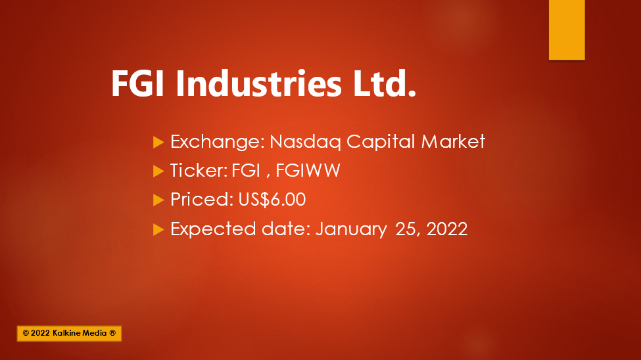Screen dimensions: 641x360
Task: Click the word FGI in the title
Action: point(137,83)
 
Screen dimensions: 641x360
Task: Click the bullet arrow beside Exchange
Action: point(158,142)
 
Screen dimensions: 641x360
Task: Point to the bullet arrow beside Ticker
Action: point(158,171)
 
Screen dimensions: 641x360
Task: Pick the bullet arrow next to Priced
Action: point(158,200)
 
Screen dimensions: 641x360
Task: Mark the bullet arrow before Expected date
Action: point(158,230)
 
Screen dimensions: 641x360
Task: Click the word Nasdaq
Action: point(305,142)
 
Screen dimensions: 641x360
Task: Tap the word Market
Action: point(453,141)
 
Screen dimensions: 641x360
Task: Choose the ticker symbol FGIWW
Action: point(308,170)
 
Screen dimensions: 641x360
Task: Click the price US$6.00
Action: point(272,200)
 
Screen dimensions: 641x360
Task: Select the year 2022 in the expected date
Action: point(447,229)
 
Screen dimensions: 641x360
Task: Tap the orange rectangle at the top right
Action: point(567,30)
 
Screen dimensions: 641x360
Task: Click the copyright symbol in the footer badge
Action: point(26,333)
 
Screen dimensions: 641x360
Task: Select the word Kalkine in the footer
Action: point(66,333)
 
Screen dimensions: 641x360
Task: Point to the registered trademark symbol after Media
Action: point(113,332)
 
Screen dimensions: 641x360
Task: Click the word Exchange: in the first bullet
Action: point(218,142)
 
